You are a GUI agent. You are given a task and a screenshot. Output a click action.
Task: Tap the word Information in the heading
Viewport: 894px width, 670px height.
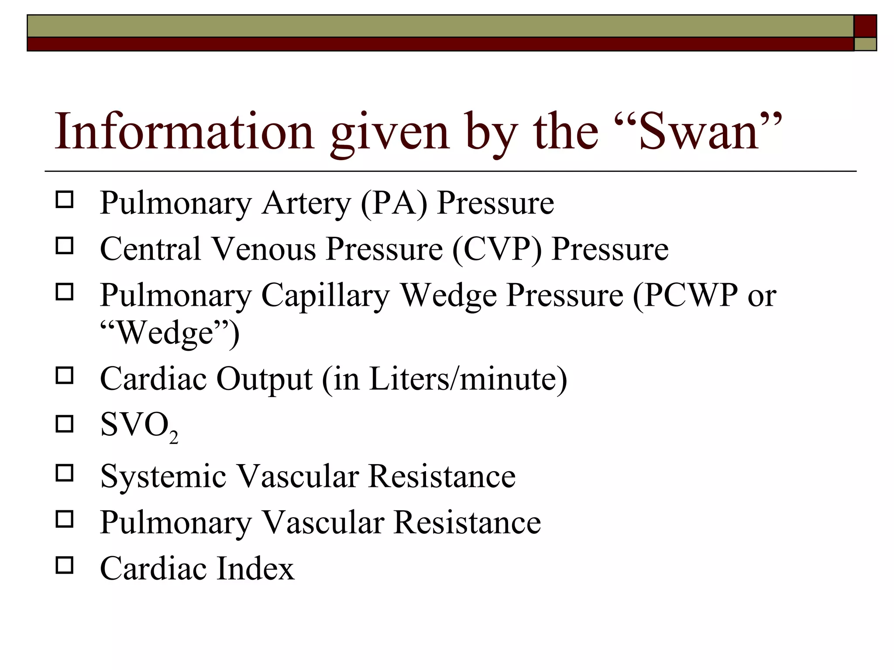(x=184, y=131)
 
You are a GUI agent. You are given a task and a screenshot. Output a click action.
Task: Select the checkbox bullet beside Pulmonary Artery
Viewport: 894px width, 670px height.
(x=65, y=200)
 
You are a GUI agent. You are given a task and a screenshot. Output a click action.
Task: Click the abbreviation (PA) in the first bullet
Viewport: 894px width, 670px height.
(x=394, y=203)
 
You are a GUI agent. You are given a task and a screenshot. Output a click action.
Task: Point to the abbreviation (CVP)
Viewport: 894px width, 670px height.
(x=497, y=249)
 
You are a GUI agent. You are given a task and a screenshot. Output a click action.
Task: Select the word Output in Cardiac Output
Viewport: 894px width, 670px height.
(x=264, y=379)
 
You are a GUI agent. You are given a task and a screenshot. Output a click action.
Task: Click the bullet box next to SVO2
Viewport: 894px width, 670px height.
(x=65, y=424)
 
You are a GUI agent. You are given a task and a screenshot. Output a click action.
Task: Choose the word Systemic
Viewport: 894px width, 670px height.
(x=163, y=476)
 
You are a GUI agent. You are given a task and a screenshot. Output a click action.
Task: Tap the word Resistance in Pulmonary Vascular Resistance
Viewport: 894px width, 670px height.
(x=467, y=522)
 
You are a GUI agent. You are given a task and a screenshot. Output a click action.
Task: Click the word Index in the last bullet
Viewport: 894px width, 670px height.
(x=255, y=568)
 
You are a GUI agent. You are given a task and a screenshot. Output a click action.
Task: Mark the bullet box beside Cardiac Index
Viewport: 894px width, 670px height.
(x=65, y=565)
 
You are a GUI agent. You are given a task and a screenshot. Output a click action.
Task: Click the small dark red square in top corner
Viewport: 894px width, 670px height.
(x=865, y=26)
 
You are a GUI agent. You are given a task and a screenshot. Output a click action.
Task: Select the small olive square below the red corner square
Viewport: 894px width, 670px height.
(x=865, y=44)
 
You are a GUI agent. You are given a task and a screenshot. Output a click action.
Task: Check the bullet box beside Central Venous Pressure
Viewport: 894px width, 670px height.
(x=65, y=246)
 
